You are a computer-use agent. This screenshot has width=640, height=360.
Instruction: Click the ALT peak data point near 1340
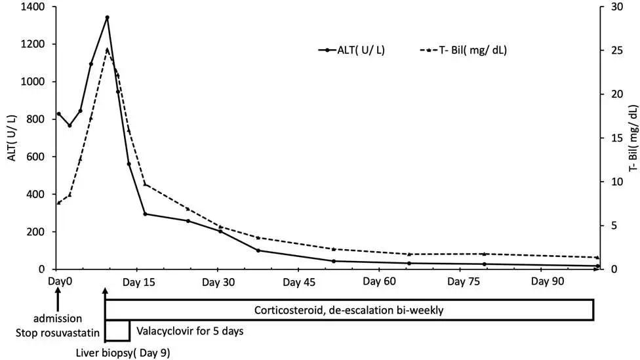point(107,18)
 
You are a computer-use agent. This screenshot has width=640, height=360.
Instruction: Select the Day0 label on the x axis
point(58,281)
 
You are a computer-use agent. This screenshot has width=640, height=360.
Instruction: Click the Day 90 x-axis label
point(548,281)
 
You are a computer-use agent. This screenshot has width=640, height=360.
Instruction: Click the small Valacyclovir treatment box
point(117,331)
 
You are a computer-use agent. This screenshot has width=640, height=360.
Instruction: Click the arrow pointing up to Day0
point(58,300)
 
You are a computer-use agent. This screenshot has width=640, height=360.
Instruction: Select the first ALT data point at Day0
point(58,113)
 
